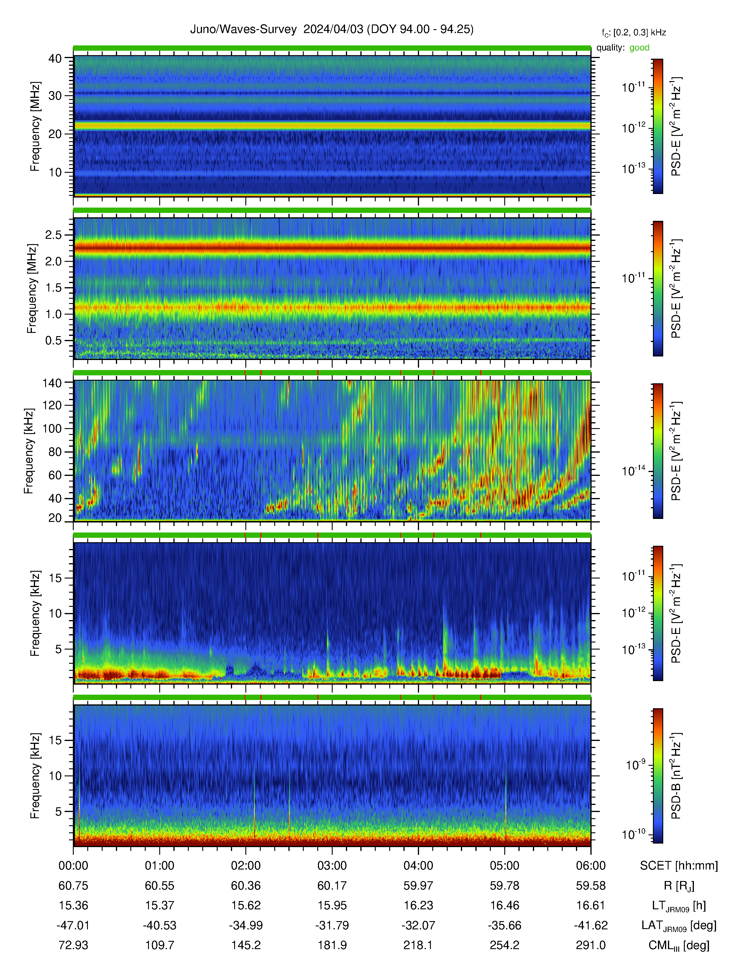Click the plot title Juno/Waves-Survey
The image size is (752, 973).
point(243,29)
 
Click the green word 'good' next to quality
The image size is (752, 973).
point(639,48)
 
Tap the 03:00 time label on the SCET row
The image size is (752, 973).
point(332,866)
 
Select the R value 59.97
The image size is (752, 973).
point(418,886)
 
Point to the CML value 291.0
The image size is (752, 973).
point(591,945)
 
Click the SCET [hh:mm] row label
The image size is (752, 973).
point(679,866)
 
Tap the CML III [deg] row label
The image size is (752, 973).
point(679,945)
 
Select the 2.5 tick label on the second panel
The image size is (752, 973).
point(53,235)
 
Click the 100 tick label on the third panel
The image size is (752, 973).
point(52,429)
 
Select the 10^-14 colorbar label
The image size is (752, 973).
point(633,471)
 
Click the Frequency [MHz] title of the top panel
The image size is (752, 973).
point(35,126)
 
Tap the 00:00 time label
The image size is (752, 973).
point(73,866)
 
